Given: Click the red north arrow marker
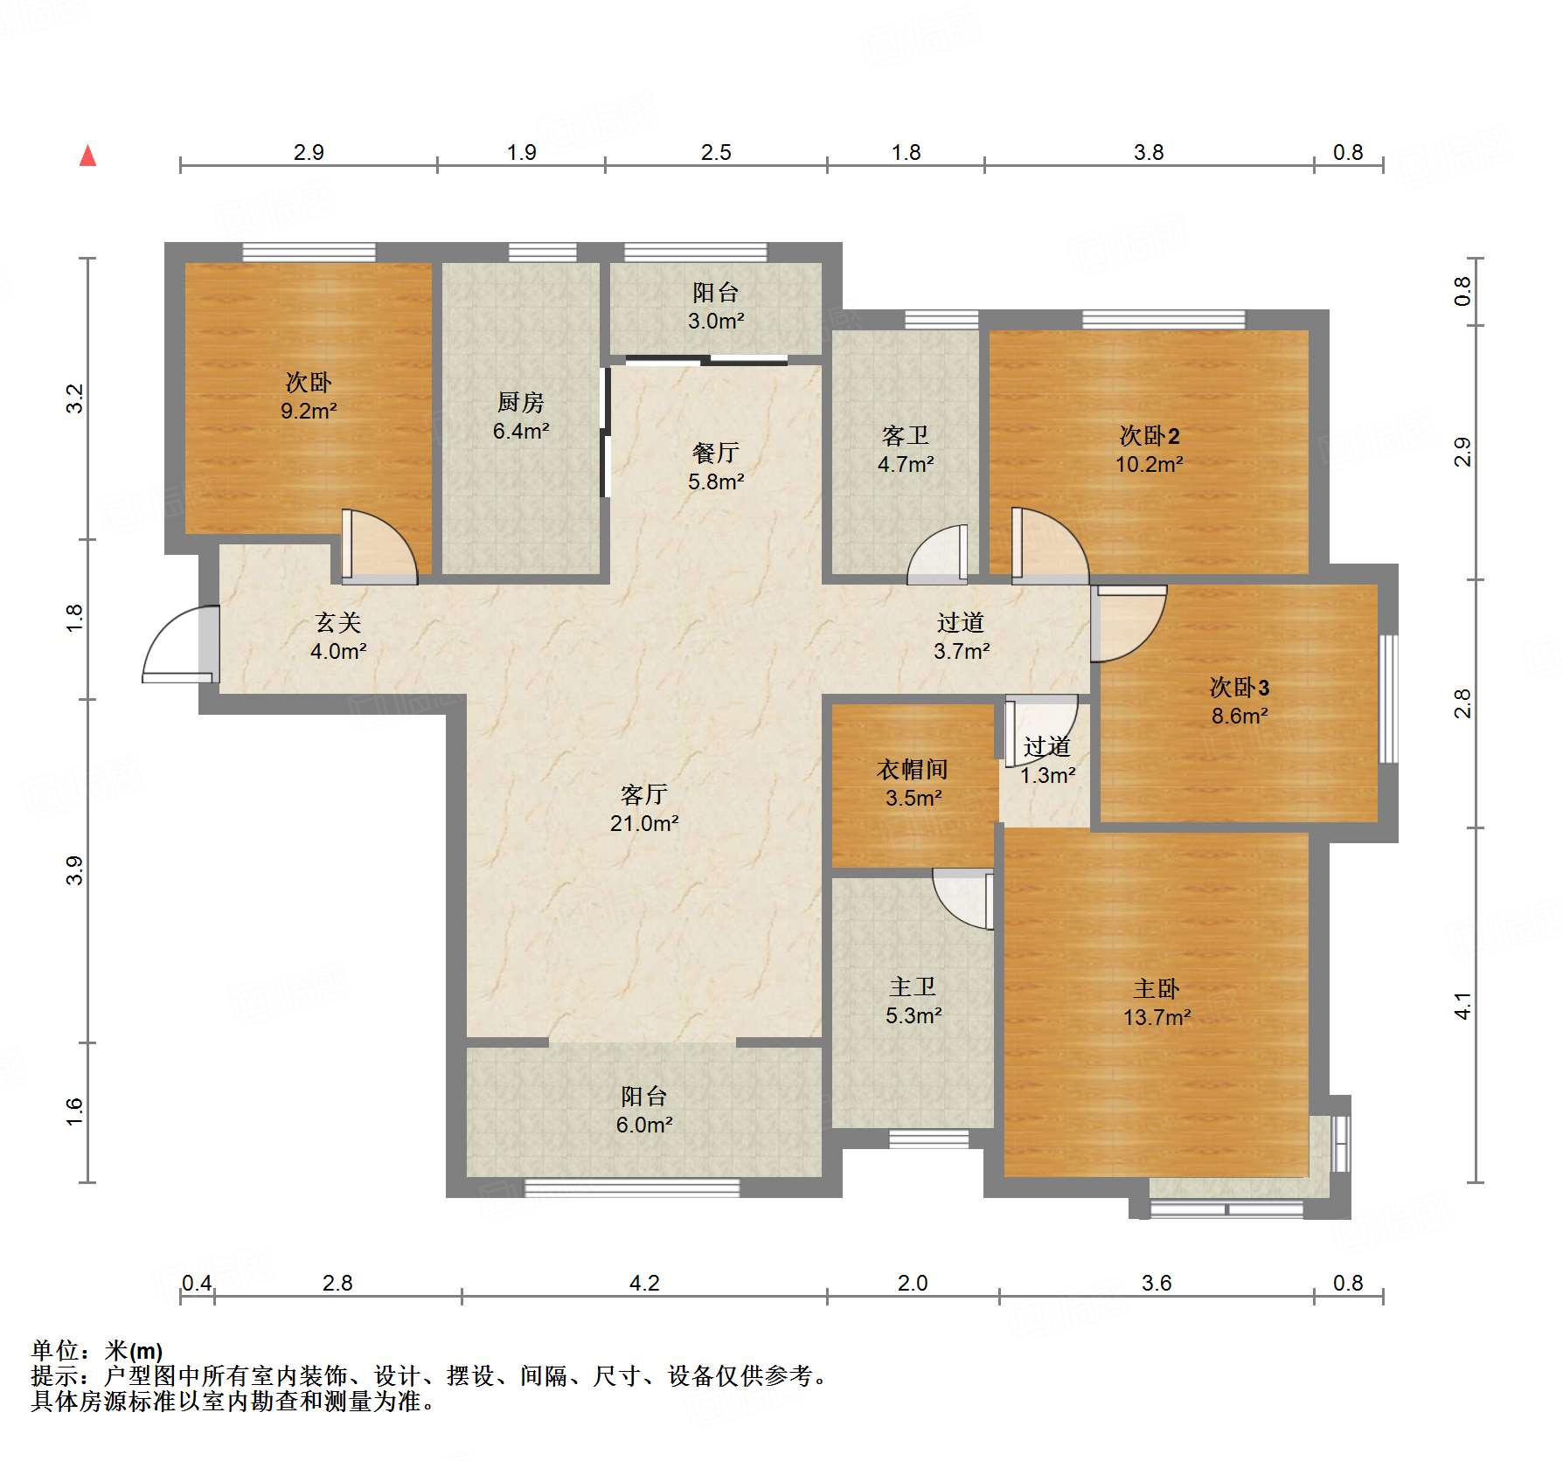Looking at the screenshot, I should (x=87, y=156).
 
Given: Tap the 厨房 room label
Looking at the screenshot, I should (x=521, y=402).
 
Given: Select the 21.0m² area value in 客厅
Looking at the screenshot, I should (x=644, y=823).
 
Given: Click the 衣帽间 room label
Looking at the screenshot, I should (x=913, y=769).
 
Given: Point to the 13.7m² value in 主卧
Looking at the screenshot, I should (x=1157, y=1017).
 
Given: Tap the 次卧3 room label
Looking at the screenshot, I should (x=1239, y=687).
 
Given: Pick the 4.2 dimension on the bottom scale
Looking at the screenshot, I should (x=644, y=1283).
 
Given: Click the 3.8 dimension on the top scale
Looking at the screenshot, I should (x=1149, y=152).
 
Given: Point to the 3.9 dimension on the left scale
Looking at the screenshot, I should (x=74, y=870).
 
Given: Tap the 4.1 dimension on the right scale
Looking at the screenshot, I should (x=1462, y=1006).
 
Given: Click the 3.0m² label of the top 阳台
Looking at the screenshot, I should (x=715, y=321).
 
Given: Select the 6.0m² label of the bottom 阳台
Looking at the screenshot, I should (x=644, y=1125).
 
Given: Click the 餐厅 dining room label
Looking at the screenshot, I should (x=715, y=453).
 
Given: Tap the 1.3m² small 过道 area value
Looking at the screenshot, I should (x=1047, y=775).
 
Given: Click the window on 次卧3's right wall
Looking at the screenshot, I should (x=1387, y=698).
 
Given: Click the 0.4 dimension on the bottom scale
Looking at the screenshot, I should (x=197, y=1283).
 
